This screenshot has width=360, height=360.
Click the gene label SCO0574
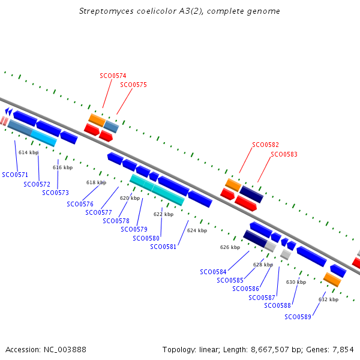click(113, 76)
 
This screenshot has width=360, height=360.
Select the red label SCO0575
click(133, 85)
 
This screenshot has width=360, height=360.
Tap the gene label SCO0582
click(265, 145)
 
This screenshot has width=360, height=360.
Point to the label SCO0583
click(284, 154)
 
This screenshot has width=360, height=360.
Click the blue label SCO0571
click(15, 175)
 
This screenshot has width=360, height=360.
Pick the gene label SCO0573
click(55, 193)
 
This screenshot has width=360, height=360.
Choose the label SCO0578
click(116, 221)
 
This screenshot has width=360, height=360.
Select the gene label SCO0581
click(163, 247)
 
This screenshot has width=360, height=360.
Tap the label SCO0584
click(213, 272)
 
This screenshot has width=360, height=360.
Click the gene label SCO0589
click(298, 317)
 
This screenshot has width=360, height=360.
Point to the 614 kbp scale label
click(28, 152)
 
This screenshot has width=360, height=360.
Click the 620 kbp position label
click(130, 198)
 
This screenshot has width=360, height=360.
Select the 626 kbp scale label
click(230, 247)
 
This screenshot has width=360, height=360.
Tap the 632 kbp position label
click(328, 299)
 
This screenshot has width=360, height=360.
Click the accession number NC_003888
click(65, 350)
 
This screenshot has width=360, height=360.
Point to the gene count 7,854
click(343, 350)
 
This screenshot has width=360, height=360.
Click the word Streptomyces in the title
click(106, 11)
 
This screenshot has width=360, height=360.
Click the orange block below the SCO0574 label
click(97, 120)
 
